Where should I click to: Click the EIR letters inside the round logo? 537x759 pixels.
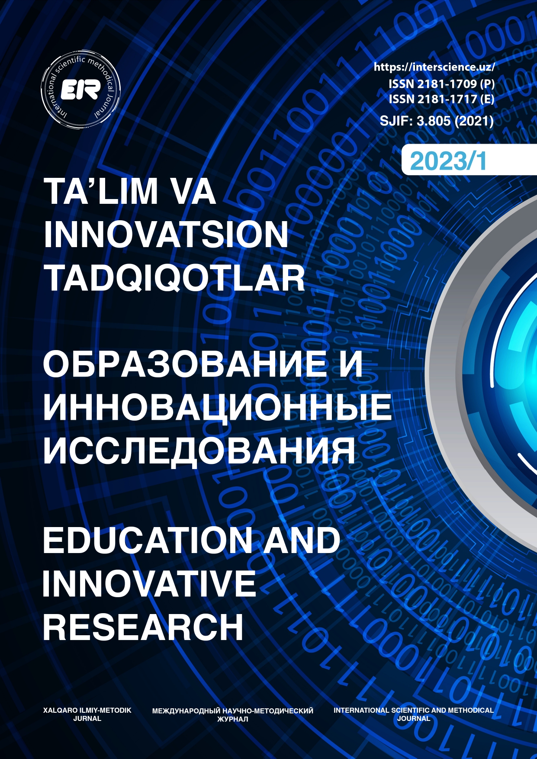click(80, 90)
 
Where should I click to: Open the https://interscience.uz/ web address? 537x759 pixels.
click(434, 67)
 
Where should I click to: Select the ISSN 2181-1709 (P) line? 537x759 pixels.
click(441, 83)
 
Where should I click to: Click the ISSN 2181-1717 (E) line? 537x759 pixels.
click(441, 99)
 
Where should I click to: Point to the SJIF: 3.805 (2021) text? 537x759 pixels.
click(437, 120)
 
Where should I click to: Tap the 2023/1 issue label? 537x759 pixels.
click(448, 161)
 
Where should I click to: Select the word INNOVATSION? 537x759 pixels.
click(166, 235)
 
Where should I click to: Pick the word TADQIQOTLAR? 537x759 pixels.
click(175, 278)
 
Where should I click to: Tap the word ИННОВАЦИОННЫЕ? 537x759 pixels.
click(217, 407)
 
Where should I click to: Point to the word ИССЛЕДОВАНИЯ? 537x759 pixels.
click(199, 451)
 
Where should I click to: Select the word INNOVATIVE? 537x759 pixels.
click(149, 583)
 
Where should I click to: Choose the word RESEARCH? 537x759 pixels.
click(143, 627)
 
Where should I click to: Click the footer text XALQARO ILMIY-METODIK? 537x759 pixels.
click(87, 710)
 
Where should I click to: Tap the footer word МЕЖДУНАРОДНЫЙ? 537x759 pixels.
click(187, 711)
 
